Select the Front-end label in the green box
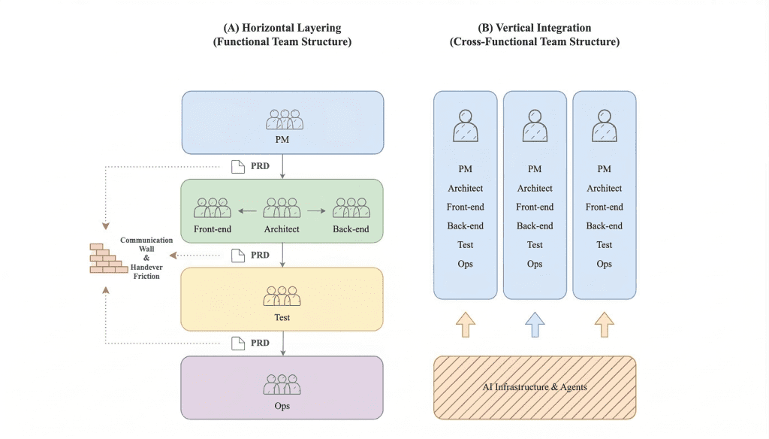click(x=212, y=229)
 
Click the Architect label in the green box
click(x=282, y=229)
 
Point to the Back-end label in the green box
click(x=351, y=229)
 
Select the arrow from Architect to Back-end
click(x=317, y=211)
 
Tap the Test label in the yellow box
click(x=282, y=317)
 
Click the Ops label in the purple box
click(x=282, y=406)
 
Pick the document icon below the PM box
click(x=238, y=167)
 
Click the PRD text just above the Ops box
click(x=260, y=343)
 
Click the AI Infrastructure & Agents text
click(x=535, y=387)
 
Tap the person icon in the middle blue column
click(x=535, y=126)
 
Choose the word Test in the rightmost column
click(x=605, y=244)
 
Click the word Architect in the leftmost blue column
click(x=466, y=188)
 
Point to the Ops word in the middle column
click(x=535, y=264)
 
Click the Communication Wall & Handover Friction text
click(x=146, y=259)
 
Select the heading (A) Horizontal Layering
click(x=282, y=28)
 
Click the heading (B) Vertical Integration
click(x=535, y=28)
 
